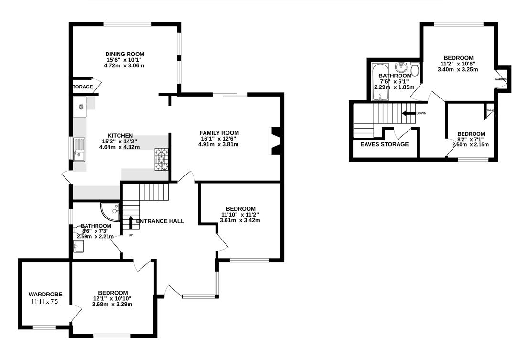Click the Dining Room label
124,54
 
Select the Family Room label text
219,133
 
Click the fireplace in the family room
275,142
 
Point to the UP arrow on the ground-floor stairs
130,223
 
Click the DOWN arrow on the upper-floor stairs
409,113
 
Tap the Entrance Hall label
160,221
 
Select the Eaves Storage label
384,144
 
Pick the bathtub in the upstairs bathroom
380,82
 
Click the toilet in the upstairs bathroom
414,70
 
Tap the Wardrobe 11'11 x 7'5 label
45,294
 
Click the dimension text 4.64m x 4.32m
119,147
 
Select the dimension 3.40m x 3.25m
458,69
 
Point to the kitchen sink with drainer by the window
79,149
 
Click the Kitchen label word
120,136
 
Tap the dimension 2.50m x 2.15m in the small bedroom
470,144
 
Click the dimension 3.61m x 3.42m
240,220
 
